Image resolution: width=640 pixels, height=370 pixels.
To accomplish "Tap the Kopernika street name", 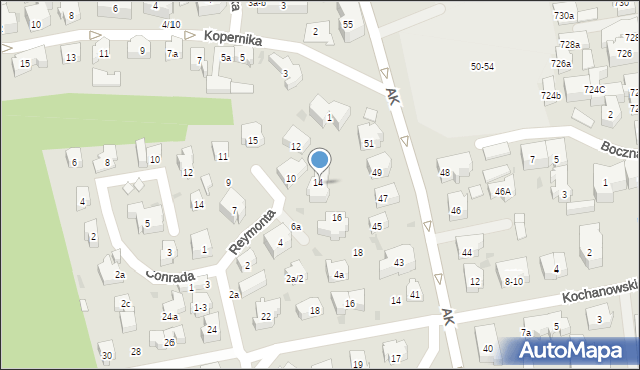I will [232, 37].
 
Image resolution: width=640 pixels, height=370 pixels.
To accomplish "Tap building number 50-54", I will [482, 66].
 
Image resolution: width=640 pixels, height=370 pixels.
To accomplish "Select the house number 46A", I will [502, 191].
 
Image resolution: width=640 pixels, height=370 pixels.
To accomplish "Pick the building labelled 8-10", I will [513, 281].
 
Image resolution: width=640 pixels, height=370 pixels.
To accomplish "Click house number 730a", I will [564, 16].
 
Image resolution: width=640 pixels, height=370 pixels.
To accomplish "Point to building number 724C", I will [595, 90].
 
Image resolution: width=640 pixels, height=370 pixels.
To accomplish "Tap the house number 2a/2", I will [294, 278].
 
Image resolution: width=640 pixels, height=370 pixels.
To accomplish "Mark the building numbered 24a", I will [170, 317].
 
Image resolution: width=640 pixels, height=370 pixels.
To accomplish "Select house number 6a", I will [296, 227].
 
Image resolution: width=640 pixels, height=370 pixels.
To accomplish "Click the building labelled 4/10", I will [170, 23].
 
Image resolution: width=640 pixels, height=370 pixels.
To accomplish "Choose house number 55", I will [347, 23].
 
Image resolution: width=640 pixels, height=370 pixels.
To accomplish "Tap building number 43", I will [398, 263].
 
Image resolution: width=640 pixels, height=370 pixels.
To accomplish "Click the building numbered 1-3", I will [200, 308].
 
